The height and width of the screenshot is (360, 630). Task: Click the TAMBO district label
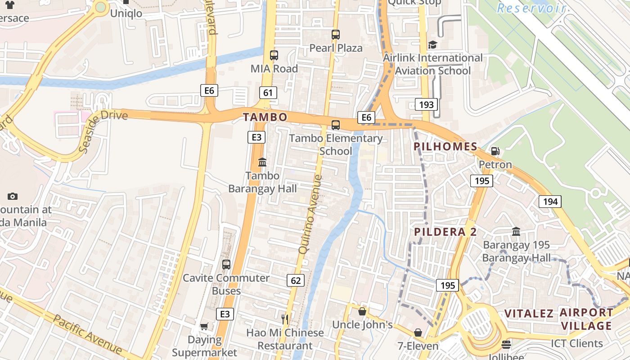pyautogui.click(x=265, y=117)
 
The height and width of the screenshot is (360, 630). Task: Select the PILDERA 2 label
pyautogui.click(x=445, y=232)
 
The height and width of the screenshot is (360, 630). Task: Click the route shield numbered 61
pyautogui.click(x=268, y=93)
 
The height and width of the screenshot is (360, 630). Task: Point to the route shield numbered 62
pyautogui.click(x=296, y=281)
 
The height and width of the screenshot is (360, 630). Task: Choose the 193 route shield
pyautogui.click(x=426, y=105)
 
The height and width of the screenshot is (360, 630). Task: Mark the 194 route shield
pyautogui.click(x=550, y=202)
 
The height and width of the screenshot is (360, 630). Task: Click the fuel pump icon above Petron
pyautogui.click(x=495, y=151)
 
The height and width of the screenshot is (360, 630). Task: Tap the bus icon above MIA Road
pyautogui.click(x=274, y=55)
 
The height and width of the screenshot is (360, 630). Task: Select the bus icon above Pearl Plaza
pyautogui.click(x=336, y=35)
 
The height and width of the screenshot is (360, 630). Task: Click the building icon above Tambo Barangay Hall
pyautogui.click(x=262, y=162)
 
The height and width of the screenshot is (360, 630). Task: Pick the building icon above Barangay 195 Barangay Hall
pyautogui.click(x=516, y=231)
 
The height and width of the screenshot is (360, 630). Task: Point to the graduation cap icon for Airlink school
pyautogui.click(x=432, y=45)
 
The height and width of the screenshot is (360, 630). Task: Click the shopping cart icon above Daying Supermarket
pyautogui.click(x=204, y=326)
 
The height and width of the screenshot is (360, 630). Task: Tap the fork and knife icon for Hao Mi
pyautogui.click(x=284, y=319)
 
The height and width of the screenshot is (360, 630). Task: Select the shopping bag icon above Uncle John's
pyautogui.click(x=362, y=311)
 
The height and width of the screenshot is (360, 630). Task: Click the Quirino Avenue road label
pyautogui.click(x=311, y=213)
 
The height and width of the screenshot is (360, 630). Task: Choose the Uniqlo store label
pyautogui.click(x=126, y=13)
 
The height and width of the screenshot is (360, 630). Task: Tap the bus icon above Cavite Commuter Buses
pyautogui.click(x=226, y=265)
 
